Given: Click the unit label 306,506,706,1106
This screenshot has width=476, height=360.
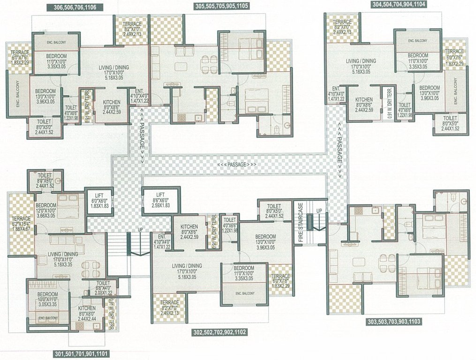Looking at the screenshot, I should [72, 7].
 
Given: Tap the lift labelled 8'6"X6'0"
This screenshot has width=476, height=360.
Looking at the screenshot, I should [160, 200].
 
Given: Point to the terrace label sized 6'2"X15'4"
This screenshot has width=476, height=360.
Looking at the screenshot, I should [21, 224].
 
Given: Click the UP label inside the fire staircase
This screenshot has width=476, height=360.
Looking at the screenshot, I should [318, 211].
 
